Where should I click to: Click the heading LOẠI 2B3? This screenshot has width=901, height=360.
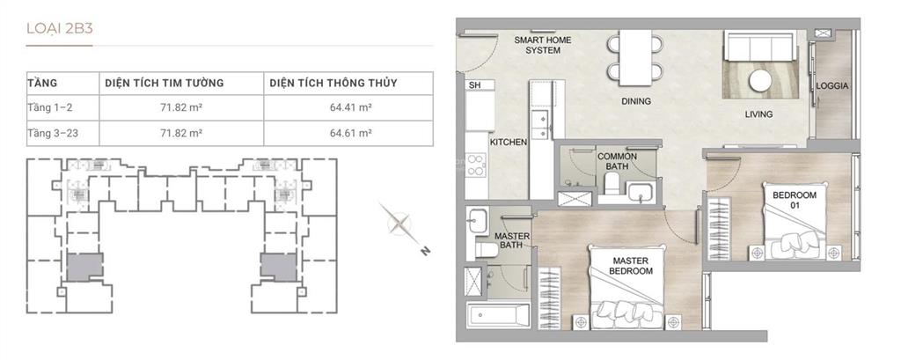[x=60, y=29]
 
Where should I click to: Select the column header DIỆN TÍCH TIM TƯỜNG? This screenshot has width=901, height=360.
[x=165, y=84]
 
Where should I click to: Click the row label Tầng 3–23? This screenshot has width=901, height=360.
[x=53, y=134]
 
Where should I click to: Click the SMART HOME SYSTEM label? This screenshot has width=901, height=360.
[x=542, y=46]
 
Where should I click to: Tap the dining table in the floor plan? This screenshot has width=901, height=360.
[x=635, y=57]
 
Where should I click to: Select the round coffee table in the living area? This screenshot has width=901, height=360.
[x=761, y=80]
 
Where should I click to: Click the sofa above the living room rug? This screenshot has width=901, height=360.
[x=759, y=46]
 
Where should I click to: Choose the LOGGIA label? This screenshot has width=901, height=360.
[x=832, y=86]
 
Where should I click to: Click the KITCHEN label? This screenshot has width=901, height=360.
[x=509, y=142]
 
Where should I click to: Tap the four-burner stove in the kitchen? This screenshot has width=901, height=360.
[x=476, y=165]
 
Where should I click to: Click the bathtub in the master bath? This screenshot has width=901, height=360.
[x=498, y=315]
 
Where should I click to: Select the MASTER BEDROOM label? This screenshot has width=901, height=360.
[x=630, y=266]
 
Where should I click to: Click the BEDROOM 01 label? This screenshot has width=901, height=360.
[x=795, y=200]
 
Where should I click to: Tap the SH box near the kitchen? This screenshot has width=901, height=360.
[x=480, y=85]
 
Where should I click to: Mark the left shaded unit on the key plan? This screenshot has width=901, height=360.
[x=84, y=267]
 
